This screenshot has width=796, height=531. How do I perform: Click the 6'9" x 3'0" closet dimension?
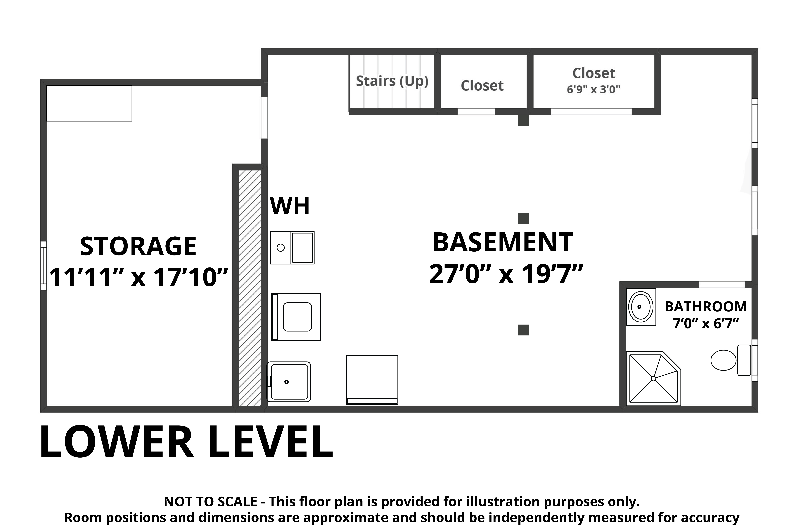pos(594,89)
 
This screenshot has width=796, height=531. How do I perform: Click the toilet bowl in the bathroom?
pos(724,360)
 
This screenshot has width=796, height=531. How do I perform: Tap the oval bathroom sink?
pos(641,307)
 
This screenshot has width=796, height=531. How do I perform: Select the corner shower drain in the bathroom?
pos(654,378)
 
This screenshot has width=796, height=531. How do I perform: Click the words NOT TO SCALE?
pos(210,502)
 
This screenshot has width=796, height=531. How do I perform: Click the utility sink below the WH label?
pos(292,248)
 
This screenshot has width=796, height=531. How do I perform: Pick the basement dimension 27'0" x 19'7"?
pos(506,274)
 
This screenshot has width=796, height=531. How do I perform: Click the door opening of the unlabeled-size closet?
pos(477,112)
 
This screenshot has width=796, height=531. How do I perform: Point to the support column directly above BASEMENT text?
pos(524,218)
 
